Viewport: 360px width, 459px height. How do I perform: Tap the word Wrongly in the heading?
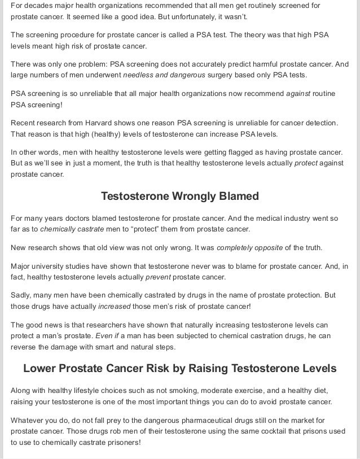191,196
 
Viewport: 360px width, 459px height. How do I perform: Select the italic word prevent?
158,277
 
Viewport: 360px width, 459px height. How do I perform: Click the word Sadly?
21,295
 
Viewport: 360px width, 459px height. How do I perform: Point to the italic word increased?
114,306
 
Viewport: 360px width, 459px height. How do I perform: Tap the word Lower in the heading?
40,369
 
